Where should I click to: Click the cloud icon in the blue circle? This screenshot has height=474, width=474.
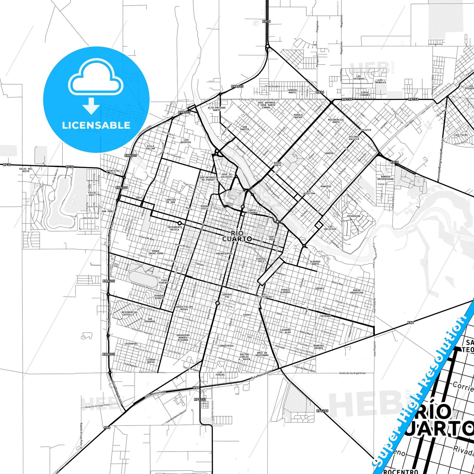pos(95,79)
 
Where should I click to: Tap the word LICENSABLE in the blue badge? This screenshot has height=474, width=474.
pos(96,125)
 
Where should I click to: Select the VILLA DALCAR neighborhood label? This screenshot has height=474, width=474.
pos(151,147)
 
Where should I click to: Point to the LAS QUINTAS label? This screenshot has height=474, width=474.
pos(186,141)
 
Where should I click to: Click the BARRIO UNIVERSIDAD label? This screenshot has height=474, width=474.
pos(385,178)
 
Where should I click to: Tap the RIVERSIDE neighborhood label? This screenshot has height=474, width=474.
pos(354,216)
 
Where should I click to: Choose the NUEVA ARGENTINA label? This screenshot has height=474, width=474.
pos(357,291)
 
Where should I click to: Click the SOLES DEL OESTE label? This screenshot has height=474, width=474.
pos(26,170)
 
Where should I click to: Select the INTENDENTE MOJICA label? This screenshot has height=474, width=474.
pos(175,228)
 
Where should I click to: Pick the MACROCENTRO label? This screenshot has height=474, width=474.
pos(224,254)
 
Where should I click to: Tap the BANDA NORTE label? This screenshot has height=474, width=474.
pos(278,164)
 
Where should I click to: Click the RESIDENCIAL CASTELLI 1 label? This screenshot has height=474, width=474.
pos(130,314)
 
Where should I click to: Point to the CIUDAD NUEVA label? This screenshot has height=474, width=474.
pos(151,361)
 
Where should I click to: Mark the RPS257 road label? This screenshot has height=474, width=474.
pos(200,399)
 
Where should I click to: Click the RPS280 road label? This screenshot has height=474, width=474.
pos(322,411)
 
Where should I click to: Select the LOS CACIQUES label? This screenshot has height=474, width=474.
pos(359,77)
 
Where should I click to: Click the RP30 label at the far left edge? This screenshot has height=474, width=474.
pos(7,164)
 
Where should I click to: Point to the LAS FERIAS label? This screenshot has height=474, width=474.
pos(220,374)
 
